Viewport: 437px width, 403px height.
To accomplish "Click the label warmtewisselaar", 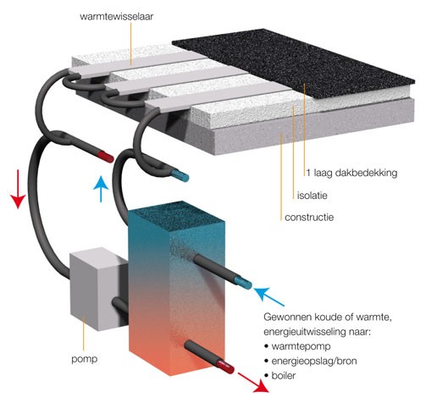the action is [x=117, y=16].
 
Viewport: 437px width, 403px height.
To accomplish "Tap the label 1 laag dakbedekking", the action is [x=351, y=173].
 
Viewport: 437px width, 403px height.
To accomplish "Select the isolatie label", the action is [x=312, y=196].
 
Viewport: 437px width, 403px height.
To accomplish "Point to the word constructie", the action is [x=309, y=218].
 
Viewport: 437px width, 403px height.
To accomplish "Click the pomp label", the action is [x=85, y=359].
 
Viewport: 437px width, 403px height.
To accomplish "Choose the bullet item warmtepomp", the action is [x=301, y=346].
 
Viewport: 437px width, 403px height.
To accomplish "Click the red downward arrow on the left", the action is [x=19, y=189].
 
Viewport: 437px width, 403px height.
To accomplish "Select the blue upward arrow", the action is [x=101, y=189].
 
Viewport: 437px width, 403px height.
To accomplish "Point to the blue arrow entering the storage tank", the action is [x=268, y=296].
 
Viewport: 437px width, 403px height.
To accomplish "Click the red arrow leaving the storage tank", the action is [x=253, y=383].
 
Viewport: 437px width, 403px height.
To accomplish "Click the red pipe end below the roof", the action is [x=107, y=157].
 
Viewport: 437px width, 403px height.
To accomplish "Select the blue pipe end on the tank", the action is [x=244, y=283].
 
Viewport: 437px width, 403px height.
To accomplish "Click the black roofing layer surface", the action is [x=294, y=61].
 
